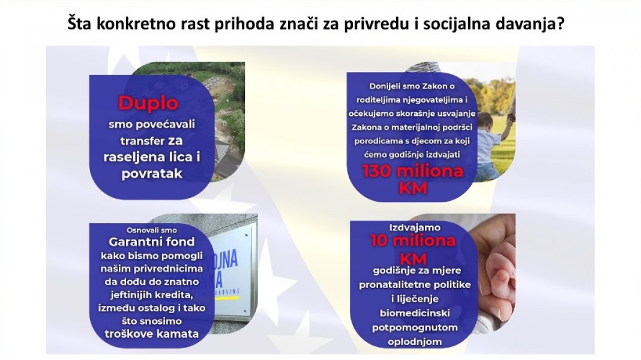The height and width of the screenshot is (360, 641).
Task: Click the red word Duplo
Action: [x=148, y=103]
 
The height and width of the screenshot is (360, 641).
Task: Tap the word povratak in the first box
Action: [x=152, y=173]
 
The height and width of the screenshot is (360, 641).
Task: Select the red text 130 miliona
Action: [x=413, y=171]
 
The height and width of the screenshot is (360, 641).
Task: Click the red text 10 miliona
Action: [x=413, y=240]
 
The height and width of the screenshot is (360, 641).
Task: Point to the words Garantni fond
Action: [x=152, y=241]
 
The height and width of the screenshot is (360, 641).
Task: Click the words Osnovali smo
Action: [x=152, y=230]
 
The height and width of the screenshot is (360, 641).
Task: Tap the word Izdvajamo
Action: [x=415, y=227]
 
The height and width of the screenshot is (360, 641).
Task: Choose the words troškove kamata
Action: [x=152, y=334]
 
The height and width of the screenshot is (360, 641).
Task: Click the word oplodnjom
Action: [x=415, y=341]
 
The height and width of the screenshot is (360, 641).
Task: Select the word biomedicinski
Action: [x=415, y=313]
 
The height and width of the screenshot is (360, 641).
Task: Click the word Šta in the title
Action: [x=80, y=23]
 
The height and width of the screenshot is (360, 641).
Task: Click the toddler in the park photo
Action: [x=490, y=145]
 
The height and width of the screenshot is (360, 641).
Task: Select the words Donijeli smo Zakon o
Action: [x=412, y=86]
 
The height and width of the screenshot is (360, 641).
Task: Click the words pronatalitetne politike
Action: [x=415, y=284]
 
